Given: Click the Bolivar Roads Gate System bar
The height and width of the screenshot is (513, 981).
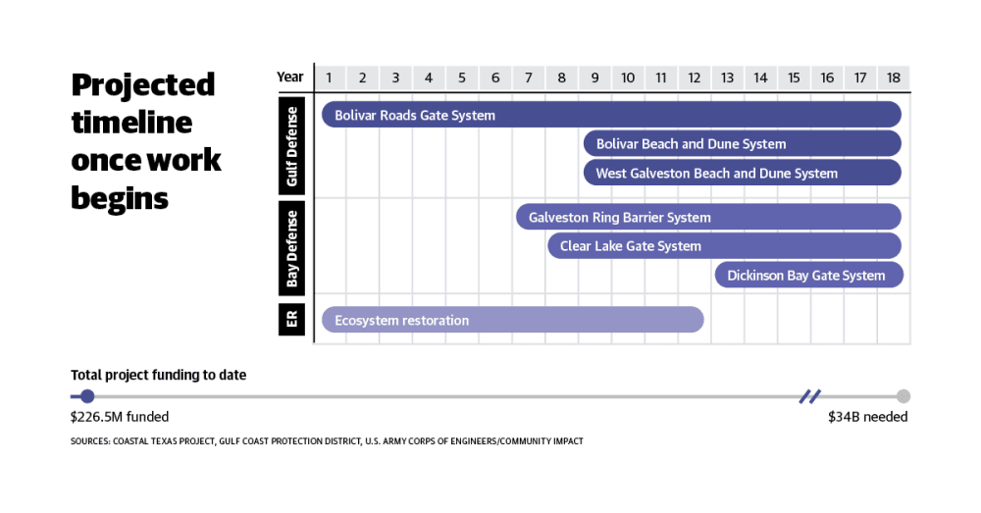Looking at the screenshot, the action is click(x=611, y=115).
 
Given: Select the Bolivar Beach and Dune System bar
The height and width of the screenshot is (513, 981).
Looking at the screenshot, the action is click(x=742, y=143).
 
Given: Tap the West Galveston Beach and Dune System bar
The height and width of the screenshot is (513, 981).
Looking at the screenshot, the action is click(x=742, y=173).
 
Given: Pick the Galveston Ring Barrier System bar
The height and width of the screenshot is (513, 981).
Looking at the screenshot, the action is click(x=708, y=217).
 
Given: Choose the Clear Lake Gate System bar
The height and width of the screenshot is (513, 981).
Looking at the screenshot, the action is click(x=725, y=246).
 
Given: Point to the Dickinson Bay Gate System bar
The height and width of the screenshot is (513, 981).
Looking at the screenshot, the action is click(x=809, y=276).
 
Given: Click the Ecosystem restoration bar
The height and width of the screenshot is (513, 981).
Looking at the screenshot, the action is click(x=513, y=320).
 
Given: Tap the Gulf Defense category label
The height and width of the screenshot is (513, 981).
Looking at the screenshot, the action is click(x=291, y=146).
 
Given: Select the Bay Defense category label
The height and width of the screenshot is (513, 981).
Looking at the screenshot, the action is click(x=291, y=248).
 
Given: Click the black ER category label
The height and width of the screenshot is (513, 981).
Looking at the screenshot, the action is click(x=291, y=319).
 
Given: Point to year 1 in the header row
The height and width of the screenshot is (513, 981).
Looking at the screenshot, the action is click(x=329, y=77).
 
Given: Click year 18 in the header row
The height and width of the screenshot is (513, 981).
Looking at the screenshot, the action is click(x=893, y=77).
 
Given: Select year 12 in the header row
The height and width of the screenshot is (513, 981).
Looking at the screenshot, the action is click(x=694, y=77).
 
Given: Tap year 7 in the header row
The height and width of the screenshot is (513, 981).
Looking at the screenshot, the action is click(x=528, y=77).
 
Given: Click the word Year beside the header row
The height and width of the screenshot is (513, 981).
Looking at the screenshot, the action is click(x=289, y=77).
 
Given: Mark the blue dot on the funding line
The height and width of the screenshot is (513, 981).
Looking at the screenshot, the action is click(x=87, y=396).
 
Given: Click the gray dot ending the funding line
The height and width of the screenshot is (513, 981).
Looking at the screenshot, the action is click(x=903, y=396).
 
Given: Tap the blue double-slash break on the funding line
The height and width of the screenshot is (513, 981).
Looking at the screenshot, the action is click(x=809, y=396).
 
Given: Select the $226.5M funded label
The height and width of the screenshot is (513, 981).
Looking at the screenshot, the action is click(x=120, y=417).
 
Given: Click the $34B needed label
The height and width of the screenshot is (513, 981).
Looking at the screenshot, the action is click(x=868, y=417).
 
